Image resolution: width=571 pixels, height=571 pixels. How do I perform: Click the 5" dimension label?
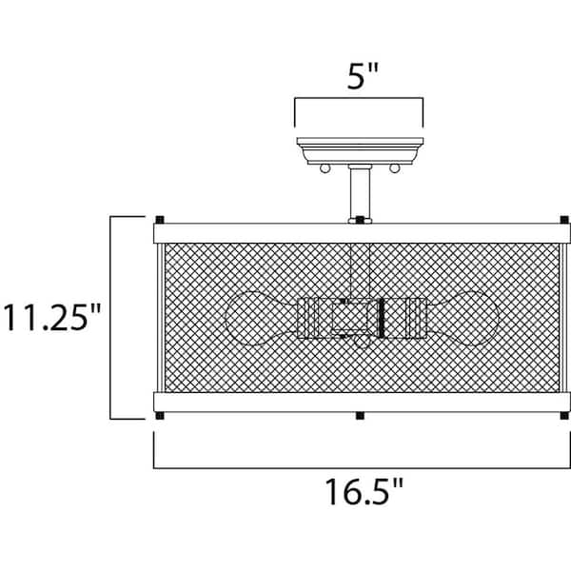point(363,76)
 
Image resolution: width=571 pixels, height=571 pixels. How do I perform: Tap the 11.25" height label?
point(51,317)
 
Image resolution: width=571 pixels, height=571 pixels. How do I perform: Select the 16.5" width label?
point(364,491)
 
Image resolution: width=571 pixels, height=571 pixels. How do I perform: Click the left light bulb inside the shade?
point(262,318)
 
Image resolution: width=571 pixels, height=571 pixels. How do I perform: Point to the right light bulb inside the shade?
point(462,318)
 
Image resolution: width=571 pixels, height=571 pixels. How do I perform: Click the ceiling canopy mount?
point(360,150)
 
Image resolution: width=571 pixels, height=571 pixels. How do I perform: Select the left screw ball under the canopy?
point(325,168)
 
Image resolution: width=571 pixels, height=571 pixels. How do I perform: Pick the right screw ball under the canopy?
point(394,168)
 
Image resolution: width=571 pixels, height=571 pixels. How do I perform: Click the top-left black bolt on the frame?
point(160,220)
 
